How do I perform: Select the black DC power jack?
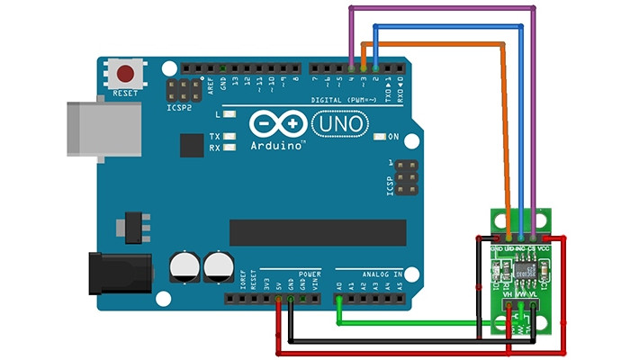click(116, 275)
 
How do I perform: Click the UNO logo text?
click(339, 121)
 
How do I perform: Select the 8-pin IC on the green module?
click(527, 267)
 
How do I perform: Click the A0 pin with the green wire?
click(338, 296)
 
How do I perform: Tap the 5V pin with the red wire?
click(278, 296)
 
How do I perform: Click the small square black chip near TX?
click(192, 145)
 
